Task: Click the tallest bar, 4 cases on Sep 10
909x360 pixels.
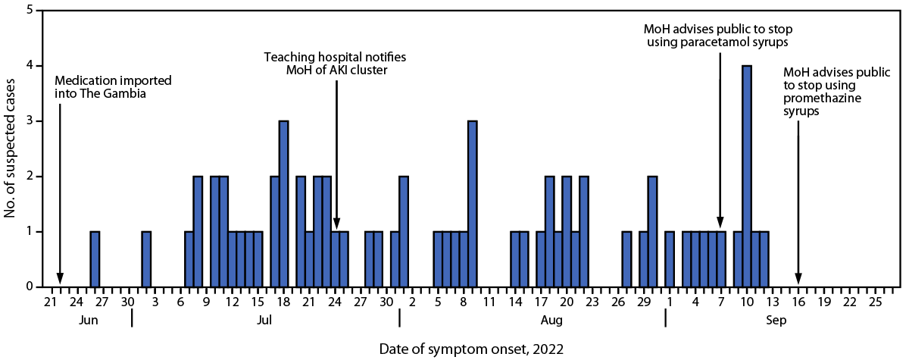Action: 746,176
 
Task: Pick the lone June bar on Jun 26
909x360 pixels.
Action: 95,259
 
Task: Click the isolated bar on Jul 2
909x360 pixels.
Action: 146,259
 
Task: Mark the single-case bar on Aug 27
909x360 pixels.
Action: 626,259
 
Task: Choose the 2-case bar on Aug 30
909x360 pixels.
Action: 652,231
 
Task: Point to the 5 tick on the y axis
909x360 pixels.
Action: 30,11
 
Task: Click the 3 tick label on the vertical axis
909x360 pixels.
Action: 30,121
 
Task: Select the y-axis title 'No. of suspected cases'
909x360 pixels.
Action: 10,149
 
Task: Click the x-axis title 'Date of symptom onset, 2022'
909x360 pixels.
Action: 471,348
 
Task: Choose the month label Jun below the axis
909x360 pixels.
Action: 88,321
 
